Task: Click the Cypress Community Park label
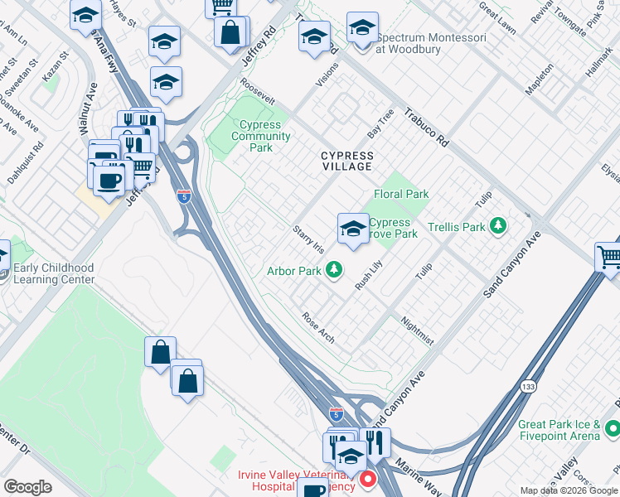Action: click(x=260, y=136)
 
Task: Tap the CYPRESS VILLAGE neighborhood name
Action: click(x=347, y=161)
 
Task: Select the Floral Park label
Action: click(x=401, y=194)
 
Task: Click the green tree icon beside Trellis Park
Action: click(x=498, y=225)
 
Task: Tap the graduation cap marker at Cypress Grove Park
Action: click(x=352, y=228)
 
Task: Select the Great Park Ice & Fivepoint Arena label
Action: click(x=559, y=429)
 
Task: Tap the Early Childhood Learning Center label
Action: click(x=54, y=274)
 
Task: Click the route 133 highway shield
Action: click(x=527, y=387)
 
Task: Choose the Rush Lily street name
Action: click(x=368, y=274)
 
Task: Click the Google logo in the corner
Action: click(x=27, y=487)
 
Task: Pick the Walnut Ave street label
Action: click(x=85, y=109)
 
